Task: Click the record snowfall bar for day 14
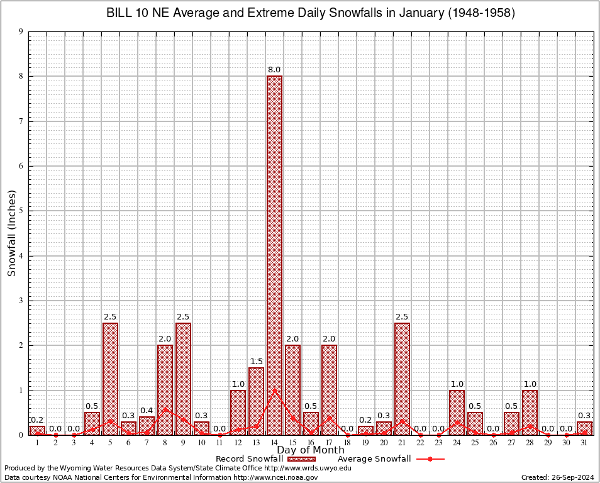274,252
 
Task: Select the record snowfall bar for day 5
110,377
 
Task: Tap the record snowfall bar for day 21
402,377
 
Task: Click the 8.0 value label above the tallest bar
274,69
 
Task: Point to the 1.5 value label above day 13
256,361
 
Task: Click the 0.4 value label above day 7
147,410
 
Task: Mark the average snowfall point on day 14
274,390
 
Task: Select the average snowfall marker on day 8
165,409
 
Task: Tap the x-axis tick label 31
584,443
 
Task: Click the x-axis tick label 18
347,443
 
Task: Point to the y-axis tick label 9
21,31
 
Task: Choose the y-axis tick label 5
21,211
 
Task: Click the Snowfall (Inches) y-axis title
11,233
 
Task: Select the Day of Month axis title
311,450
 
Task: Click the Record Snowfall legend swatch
300,459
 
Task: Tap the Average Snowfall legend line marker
430,459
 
